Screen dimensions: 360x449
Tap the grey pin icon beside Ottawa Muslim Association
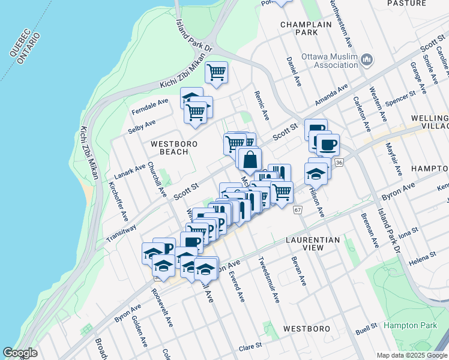coord(367,60)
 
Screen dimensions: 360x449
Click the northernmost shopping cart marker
coord(216,73)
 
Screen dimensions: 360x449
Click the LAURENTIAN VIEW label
coord(313,244)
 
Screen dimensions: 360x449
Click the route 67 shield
coord(298,210)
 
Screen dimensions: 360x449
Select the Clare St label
coord(251,346)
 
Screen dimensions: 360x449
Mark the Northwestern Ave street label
coord(340,25)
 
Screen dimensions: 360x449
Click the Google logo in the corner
coord(20,353)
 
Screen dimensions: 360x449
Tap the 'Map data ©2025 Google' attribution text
coord(412,355)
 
